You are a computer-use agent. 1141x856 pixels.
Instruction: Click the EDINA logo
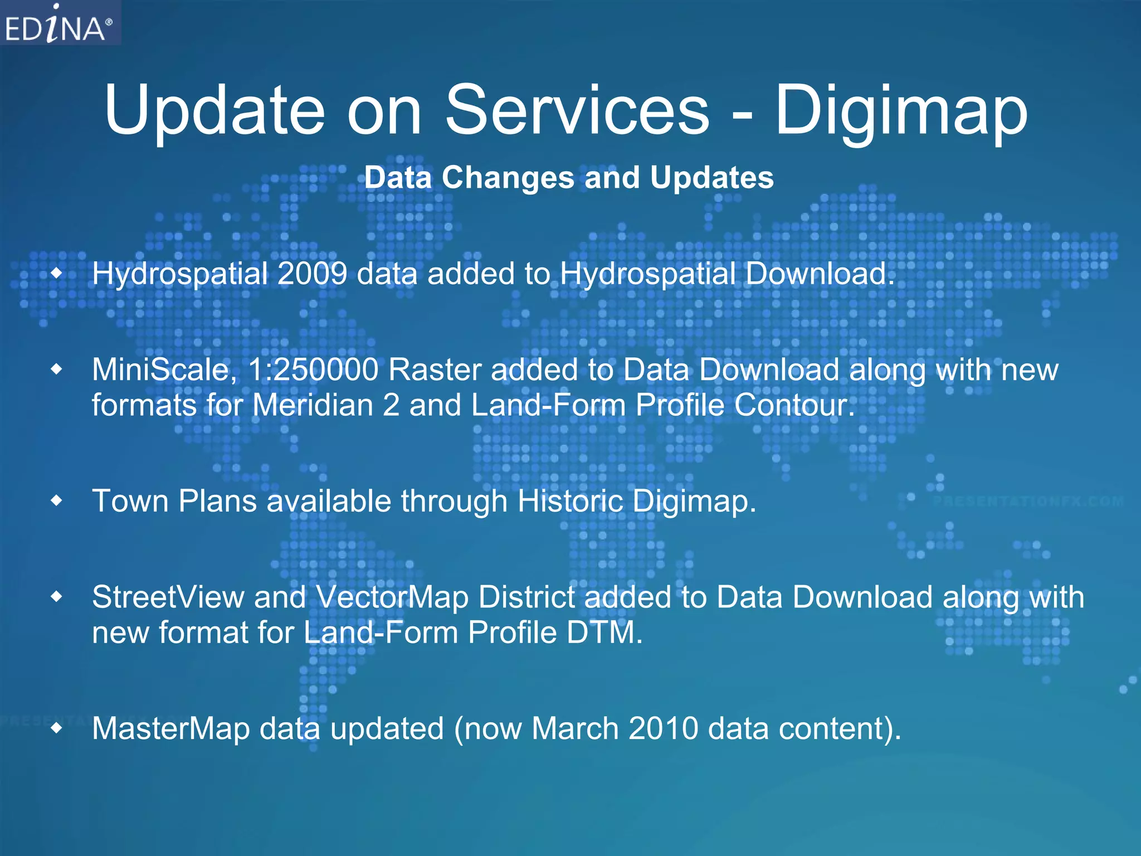pos(58,23)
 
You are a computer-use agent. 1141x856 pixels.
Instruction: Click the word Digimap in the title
pos(901,111)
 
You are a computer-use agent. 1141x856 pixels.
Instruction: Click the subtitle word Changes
pos(508,178)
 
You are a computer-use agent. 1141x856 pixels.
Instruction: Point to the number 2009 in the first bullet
pos(312,274)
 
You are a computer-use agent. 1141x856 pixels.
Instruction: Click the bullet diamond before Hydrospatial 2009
pos(57,273)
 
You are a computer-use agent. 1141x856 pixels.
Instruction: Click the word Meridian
pos(313,405)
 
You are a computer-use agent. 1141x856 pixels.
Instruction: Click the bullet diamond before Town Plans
pos(57,500)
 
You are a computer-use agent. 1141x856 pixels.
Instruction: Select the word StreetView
pos(168,597)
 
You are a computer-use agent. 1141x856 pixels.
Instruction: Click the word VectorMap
pos(392,597)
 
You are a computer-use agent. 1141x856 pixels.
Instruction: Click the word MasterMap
pos(171,728)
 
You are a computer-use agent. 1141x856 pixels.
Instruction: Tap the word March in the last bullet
pos(575,728)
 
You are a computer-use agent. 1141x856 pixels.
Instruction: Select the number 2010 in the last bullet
pos(663,728)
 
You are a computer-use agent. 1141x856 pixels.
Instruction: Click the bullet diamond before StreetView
pos(57,597)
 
